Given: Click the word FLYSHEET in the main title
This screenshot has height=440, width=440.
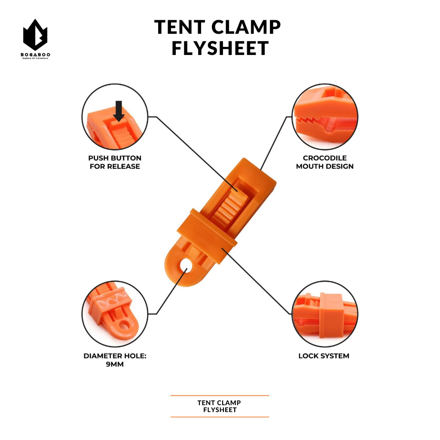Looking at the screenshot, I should click(x=220, y=48).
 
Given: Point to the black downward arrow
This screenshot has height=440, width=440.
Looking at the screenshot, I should click(x=119, y=110).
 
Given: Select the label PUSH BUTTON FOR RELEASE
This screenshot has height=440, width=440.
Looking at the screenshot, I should click(x=115, y=162).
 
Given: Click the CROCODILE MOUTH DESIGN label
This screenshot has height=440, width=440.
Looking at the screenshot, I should click(x=325, y=162).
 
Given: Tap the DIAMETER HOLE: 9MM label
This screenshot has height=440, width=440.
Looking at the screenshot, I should click(x=115, y=360).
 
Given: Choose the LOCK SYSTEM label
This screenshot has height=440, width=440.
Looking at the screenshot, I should click(x=324, y=356).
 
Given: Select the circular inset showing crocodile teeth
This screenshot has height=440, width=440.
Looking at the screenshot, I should click(x=325, y=117).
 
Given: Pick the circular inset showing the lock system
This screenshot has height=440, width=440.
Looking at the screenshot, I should click(x=325, y=315).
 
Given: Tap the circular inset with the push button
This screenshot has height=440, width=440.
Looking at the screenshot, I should click(x=115, y=117).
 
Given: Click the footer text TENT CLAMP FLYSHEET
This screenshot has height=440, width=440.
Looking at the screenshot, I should click(x=220, y=406).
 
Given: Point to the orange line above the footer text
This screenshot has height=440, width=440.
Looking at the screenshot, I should click(x=220, y=395).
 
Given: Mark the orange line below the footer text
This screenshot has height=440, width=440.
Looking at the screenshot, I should click(x=220, y=417).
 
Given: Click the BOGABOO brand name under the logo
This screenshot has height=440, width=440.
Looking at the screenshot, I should click(x=35, y=55).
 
